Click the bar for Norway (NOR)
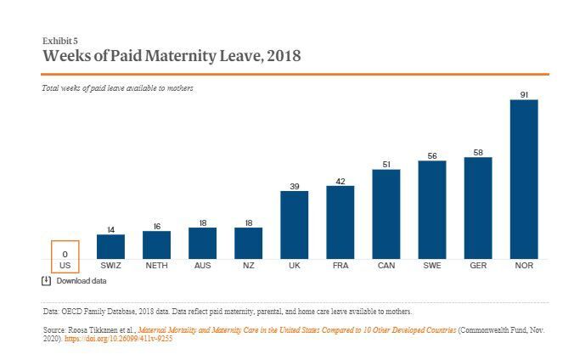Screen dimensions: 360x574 click(x=524, y=179)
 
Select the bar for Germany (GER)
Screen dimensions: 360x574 click(x=478, y=208)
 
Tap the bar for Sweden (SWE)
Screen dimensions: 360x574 click(x=432, y=210)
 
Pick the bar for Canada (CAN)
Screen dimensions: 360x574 click(x=386, y=214)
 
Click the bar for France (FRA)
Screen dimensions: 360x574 click(x=340, y=222)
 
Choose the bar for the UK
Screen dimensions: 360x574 click(x=295, y=225)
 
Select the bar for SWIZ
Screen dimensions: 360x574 click(x=111, y=246)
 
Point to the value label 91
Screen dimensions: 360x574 click(x=524, y=93)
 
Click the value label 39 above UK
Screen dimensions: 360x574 click(x=295, y=185)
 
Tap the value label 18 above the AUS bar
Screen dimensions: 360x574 click(x=203, y=222)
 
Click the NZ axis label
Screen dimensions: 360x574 click(x=249, y=266)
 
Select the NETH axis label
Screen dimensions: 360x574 click(x=157, y=266)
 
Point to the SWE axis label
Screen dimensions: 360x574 click(x=432, y=266)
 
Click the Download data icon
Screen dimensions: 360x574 click(x=47, y=280)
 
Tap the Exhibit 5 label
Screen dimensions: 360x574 click(x=59, y=41)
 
